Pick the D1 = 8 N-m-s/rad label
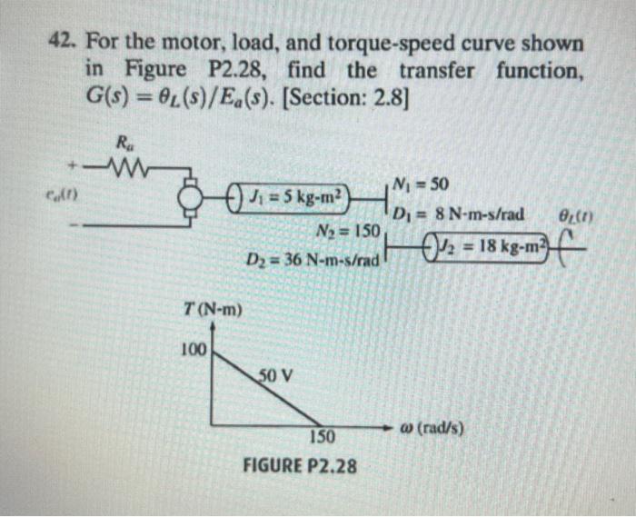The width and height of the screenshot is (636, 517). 459,214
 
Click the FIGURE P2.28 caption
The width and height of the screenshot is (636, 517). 299,467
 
